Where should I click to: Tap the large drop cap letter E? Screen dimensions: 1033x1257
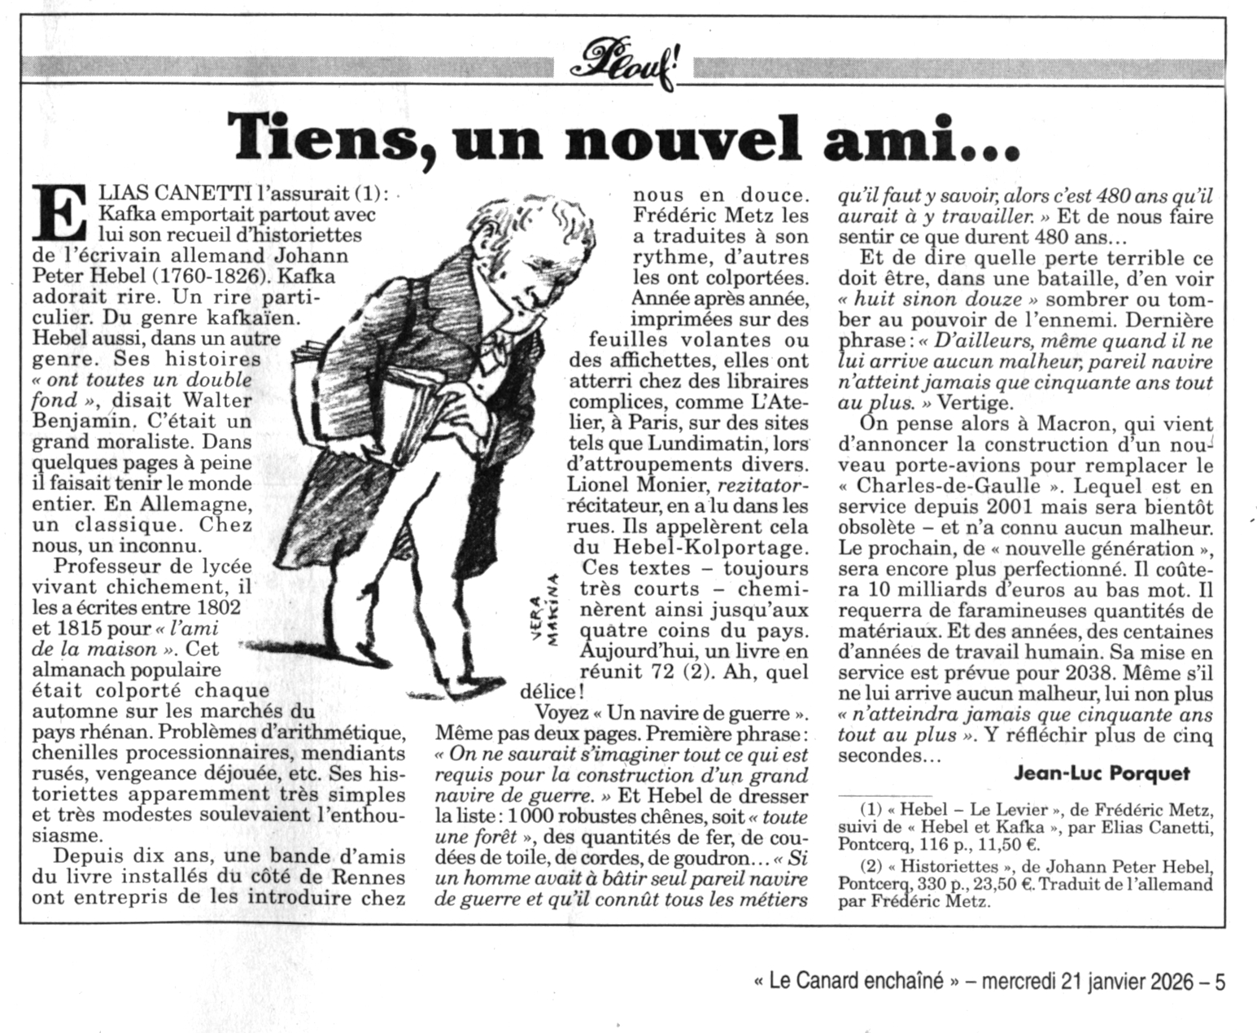61,214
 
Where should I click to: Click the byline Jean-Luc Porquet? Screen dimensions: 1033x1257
1102,773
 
